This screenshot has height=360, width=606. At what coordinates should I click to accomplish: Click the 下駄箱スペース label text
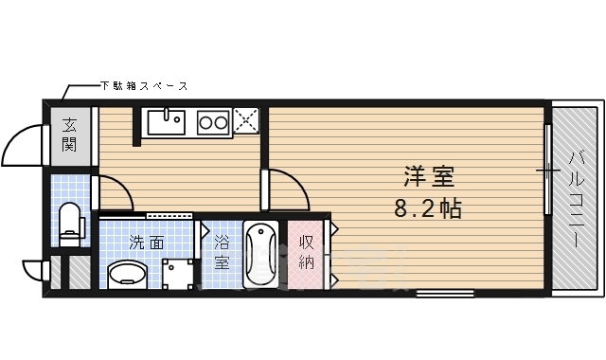[144, 86]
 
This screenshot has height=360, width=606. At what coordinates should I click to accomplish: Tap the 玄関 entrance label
[70, 135]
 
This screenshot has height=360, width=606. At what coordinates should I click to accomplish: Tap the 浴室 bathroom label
[222, 251]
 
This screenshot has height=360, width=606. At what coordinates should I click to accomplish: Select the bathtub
[260, 255]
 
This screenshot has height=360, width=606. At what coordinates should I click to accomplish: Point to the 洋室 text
[428, 177]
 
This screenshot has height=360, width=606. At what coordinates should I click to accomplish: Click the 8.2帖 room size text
[428, 208]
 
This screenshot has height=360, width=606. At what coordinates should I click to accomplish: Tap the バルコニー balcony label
[577, 200]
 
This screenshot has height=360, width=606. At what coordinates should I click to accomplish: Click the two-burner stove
[213, 121]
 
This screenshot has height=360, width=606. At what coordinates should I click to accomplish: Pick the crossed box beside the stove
[245, 120]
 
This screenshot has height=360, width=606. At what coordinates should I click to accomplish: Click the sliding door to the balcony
[547, 169]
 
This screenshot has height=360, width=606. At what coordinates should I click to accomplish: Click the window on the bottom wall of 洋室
[445, 293]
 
